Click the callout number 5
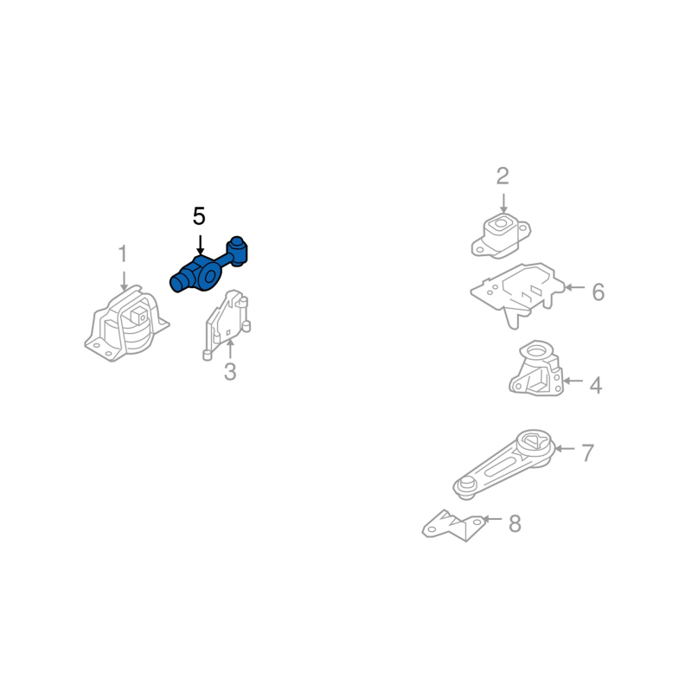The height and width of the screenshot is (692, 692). pyautogui.click(x=199, y=216)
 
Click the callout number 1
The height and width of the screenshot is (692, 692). pyautogui.click(x=123, y=253)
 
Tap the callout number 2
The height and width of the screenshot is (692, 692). pyautogui.click(x=503, y=176)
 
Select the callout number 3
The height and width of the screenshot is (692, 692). pyautogui.click(x=230, y=372)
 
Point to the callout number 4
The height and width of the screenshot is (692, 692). pyautogui.click(x=596, y=385)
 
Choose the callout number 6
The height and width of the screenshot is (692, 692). pyautogui.click(x=598, y=292)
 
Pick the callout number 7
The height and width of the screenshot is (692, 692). pyautogui.click(x=587, y=452)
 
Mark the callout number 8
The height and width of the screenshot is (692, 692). pyautogui.click(x=515, y=524)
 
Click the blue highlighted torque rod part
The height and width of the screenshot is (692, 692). pyautogui.click(x=208, y=266)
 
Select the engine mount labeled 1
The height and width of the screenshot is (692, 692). pyautogui.click(x=126, y=324)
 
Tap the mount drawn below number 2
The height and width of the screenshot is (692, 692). pyautogui.click(x=501, y=235)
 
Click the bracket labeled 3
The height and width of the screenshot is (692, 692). pyautogui.click(x=227, y=324)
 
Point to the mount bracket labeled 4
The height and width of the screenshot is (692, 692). pyautogui.click(x=536, y=368)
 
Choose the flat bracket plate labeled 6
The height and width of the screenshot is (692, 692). pyautogui.click(x=517, y=293)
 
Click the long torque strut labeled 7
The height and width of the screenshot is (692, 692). pyautogui.click(x=504, y=465)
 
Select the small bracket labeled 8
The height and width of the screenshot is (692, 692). pyautogui.click(x=453, y=526)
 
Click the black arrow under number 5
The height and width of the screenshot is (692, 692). pyautogui.click(x=200, y=245)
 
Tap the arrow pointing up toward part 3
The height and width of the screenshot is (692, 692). pyautogui.click(x=230, y=349)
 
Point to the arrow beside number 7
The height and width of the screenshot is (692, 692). pyautogui.click(x=564, y=448)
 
